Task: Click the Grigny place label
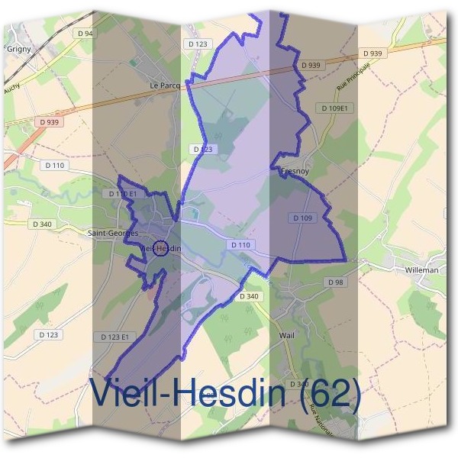[18, 47]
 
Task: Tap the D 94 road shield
[85, 34]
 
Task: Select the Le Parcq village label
[165, 85]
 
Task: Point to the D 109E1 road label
[334, 108]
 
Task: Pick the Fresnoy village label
[294, 172]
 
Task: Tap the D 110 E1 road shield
[122, 194]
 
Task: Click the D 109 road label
[302, 218]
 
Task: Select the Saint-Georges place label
[113, 232]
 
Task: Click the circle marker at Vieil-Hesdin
[160, 247]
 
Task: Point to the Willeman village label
[422, 269]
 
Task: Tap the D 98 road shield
[336, 282]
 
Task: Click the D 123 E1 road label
[116, 337]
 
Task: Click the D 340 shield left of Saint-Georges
[43, 224]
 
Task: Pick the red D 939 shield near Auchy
[48, 122]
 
